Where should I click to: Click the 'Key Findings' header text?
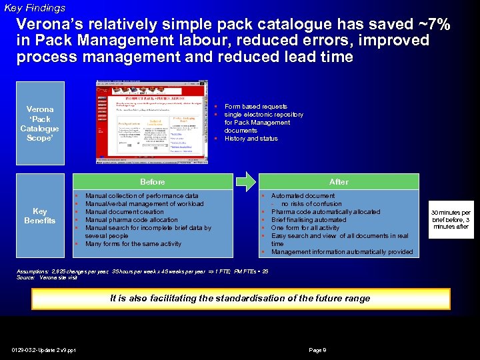(x=35, y=8)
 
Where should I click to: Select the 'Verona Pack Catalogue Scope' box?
(x=40, y=123)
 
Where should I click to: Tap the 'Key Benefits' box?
(x=40, y=216)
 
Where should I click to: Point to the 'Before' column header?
(x=153, y=182)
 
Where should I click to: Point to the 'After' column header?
(x=339, y=182)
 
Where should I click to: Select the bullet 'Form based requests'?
(x=256, y=107)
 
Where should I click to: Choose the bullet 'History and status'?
(x=251, y=139)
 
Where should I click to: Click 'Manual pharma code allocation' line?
(x=131, y=220)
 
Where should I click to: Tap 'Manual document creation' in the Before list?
(x=125, y=212)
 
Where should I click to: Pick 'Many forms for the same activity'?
(x=133, y=244)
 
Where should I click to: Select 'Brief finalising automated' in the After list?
(x=309, y=220)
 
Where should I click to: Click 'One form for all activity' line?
(x=305, y=228)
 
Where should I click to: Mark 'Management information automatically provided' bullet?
(x=342, y=252)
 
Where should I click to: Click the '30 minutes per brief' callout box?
(x=451, y=216)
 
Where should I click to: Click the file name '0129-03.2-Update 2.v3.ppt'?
(x=43, y=349)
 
